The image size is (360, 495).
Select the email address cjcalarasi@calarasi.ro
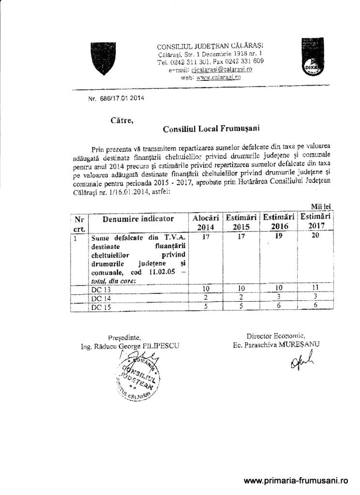[222, 70]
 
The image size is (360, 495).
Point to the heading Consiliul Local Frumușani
[211, 129]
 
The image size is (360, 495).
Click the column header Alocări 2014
[206, 222]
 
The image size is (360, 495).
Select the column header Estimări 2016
[279, 222]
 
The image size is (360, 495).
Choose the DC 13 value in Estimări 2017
[315, 288]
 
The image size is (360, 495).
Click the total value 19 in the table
[279, 236]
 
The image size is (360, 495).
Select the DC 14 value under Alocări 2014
[206, 297]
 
